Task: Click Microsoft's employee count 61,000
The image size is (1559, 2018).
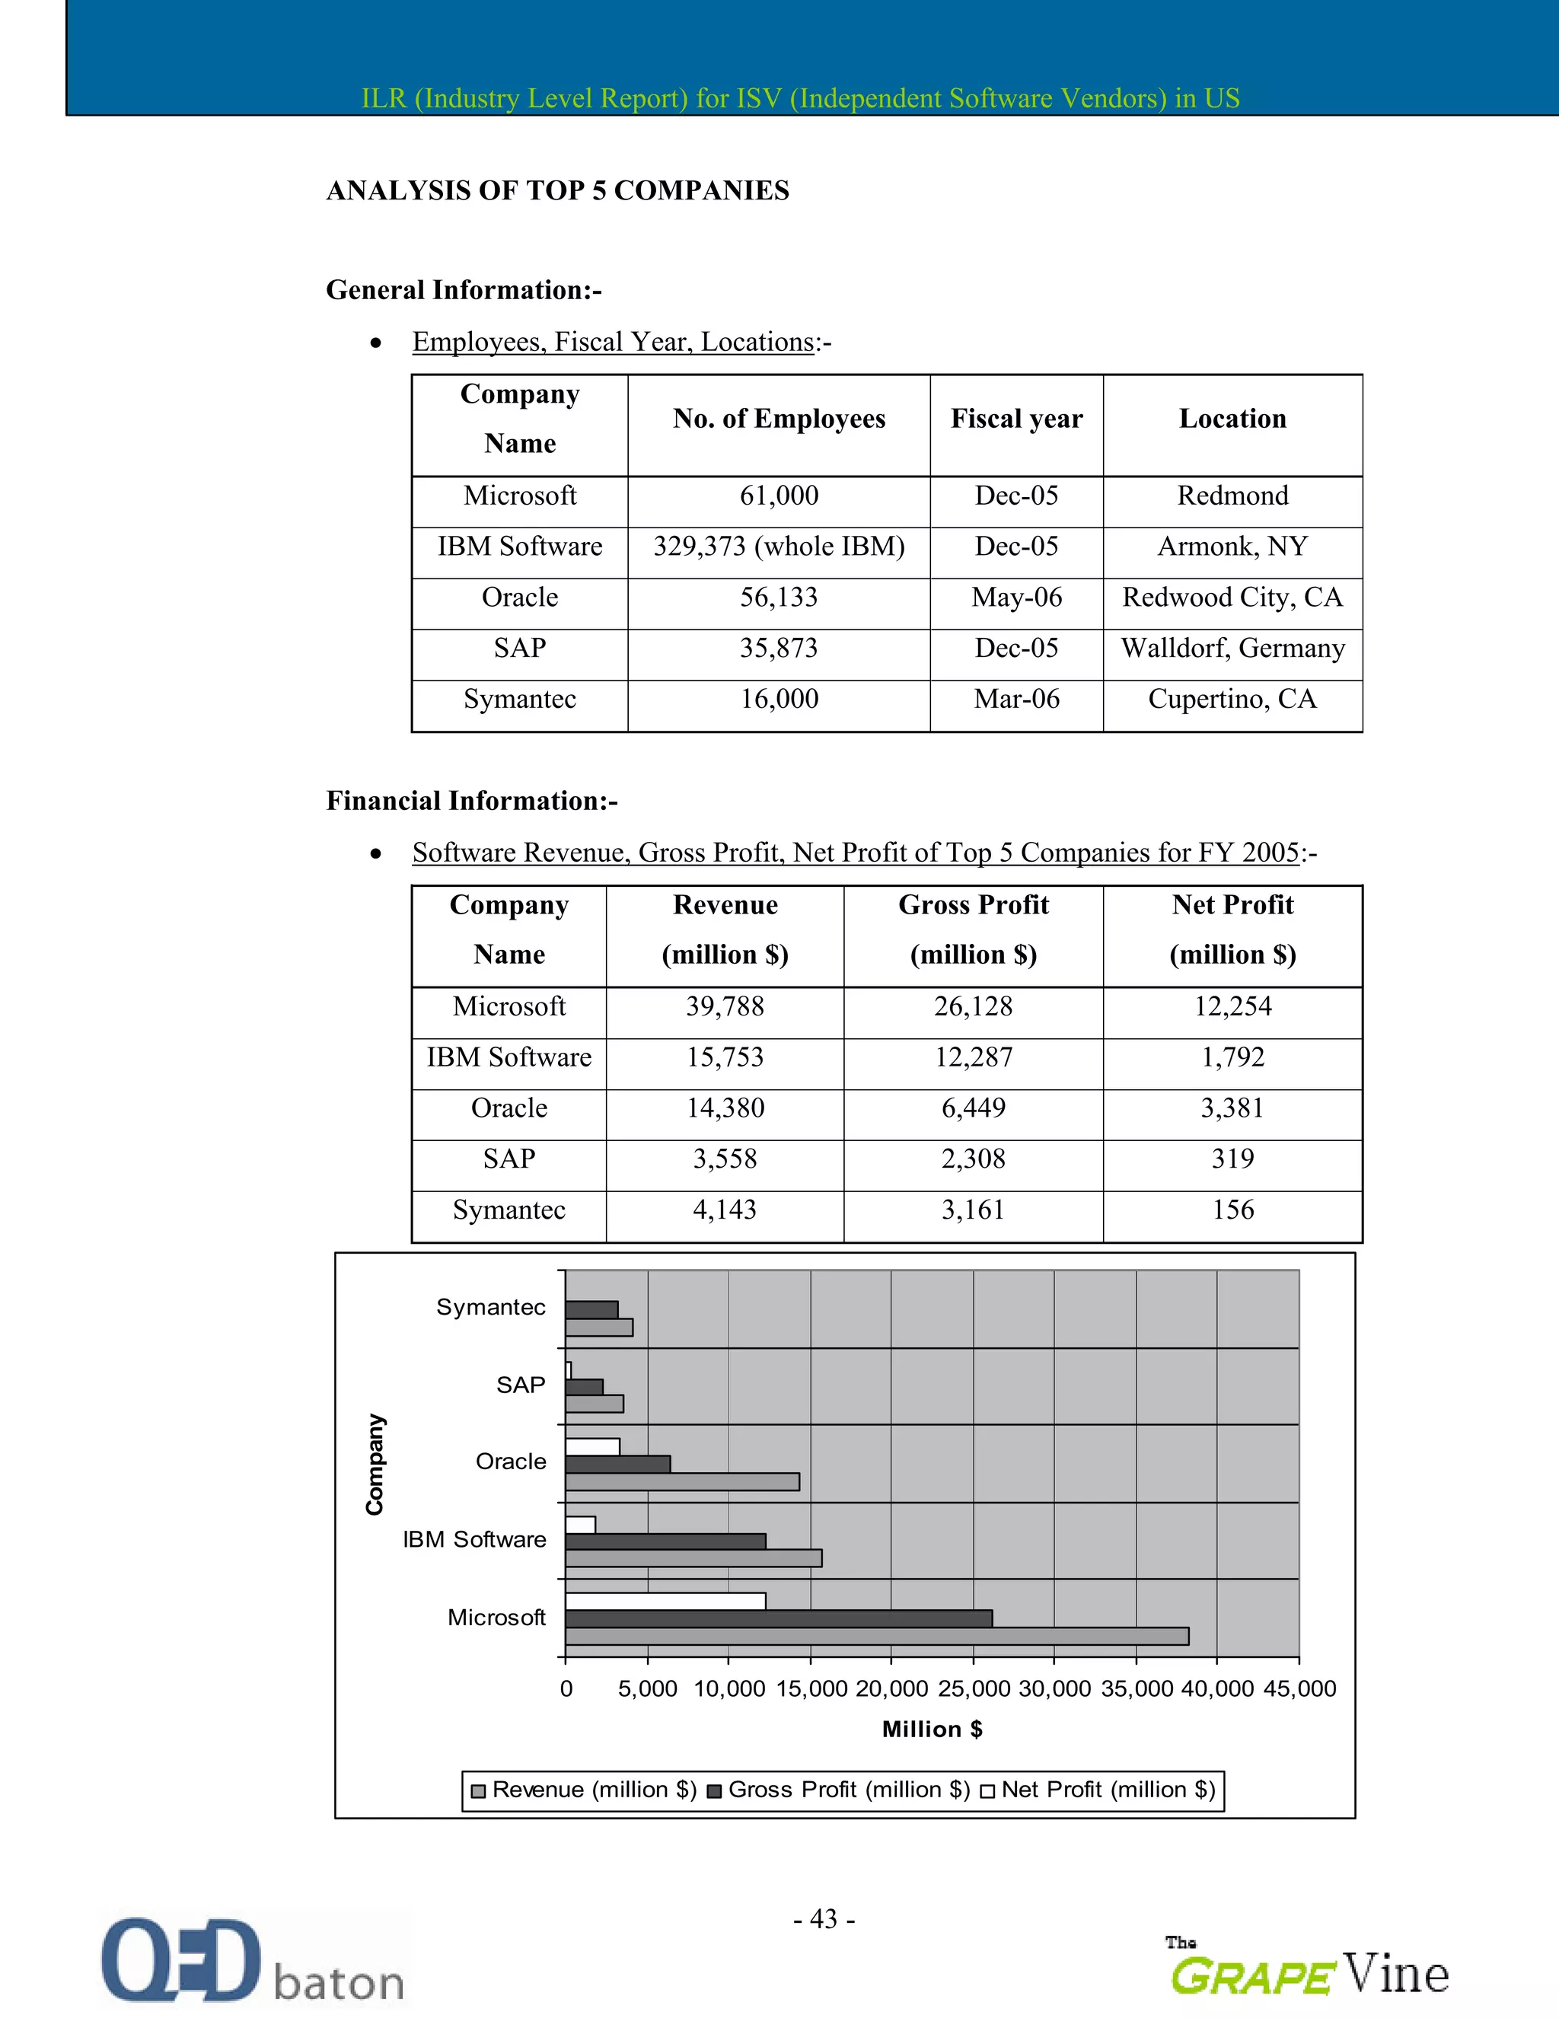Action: [778, 496]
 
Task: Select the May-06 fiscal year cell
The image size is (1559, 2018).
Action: [1015, 598]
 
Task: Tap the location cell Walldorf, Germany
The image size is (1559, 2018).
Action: [1232, 649]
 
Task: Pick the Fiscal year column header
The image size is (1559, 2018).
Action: [1015, 419]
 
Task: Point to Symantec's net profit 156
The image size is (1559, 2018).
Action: [1232, 1210]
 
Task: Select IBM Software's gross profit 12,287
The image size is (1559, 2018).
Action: [972, 1057]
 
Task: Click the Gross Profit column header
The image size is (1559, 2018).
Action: [972, 929]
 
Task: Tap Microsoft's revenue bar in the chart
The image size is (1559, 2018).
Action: [876, 1637]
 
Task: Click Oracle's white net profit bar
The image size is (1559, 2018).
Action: [592, 1447]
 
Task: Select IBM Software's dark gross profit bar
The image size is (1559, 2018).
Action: [665, 1541]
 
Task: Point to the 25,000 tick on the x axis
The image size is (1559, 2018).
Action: [973, 1689]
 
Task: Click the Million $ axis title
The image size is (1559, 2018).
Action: [932, 1729]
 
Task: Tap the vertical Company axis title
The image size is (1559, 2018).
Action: [375, 1464]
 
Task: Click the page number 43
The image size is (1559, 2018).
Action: [824, 1919]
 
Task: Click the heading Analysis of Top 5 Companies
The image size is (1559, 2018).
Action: [557, 190]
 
